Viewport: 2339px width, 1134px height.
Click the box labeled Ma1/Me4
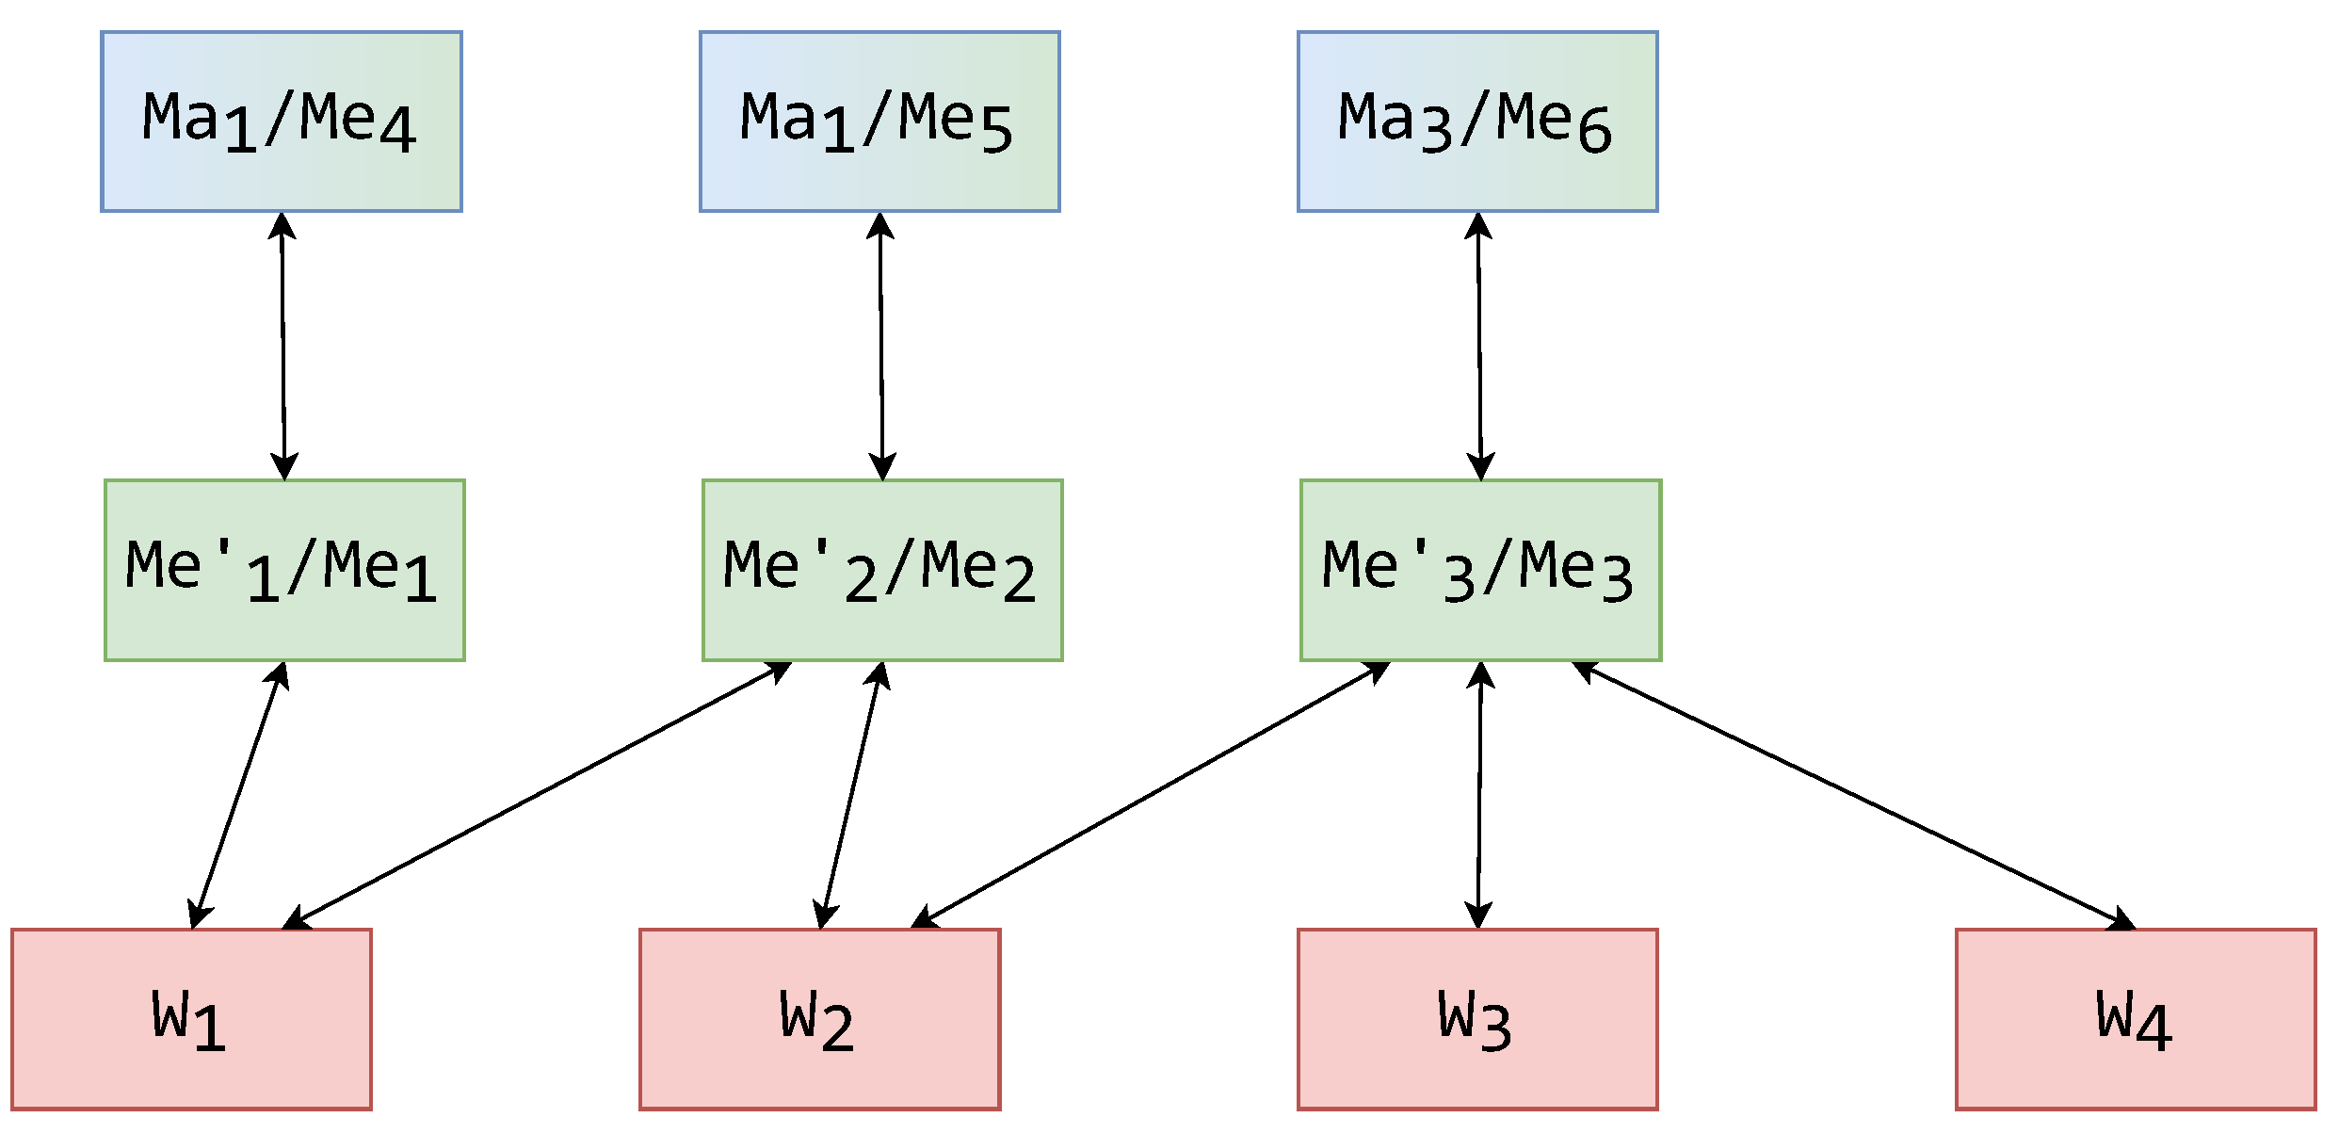(282, 121)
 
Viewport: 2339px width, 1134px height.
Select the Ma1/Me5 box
(879, 121)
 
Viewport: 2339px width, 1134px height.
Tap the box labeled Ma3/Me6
(1477, 121)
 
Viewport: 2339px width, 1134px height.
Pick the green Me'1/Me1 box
(284, 570)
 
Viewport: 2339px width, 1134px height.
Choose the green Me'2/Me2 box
(882, 570)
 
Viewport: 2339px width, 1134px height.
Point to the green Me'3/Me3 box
(1480, 570)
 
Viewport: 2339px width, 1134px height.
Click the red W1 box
(191, 1019)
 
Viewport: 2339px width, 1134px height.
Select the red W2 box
(819, 1019)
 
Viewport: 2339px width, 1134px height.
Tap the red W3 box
(1477, 1019)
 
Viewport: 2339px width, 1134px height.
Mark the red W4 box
(2136, 1019)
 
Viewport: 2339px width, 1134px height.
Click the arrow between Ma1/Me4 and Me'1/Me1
(283, 346)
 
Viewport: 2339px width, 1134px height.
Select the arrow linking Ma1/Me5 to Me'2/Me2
(881, 346)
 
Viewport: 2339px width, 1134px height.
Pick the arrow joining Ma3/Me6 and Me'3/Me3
(1479, 346)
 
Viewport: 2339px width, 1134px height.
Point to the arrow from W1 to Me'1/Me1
(238, 795)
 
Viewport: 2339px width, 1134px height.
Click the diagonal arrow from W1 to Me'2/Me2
(537, 795)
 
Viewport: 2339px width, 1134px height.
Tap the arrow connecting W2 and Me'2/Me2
(851, 795)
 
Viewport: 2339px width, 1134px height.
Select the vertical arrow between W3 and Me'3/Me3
(1479, 795)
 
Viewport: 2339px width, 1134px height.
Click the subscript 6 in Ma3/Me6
(1595, 131)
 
